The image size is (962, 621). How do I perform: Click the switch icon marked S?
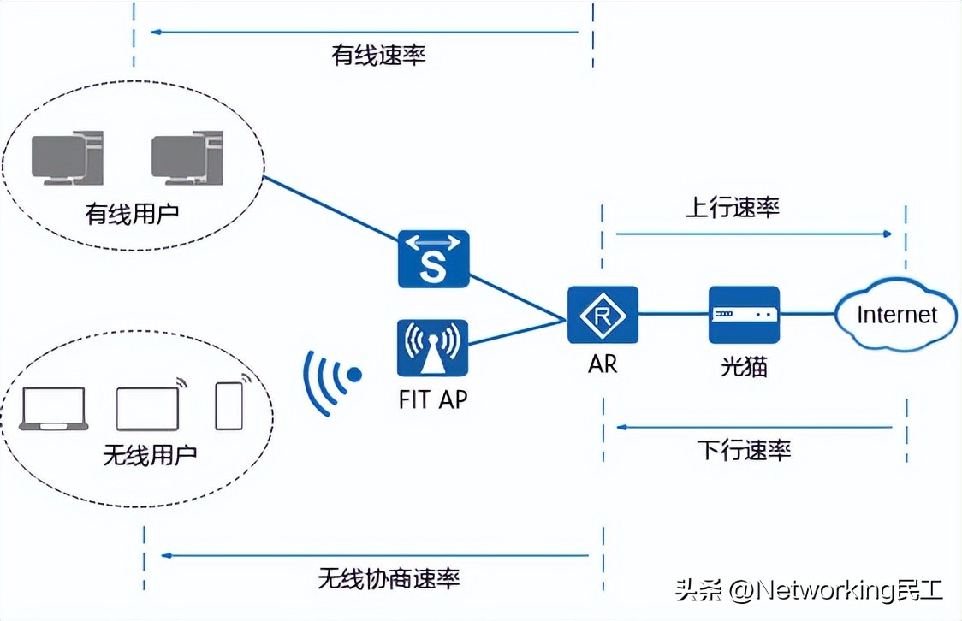(434, 258)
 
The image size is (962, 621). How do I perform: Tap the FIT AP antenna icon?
(433, 348)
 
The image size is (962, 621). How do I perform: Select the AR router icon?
(603, 316)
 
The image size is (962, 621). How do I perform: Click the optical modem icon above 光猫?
(744, 315)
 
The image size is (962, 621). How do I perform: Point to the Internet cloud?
(896, 315)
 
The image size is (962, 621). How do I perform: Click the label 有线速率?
(378, 56)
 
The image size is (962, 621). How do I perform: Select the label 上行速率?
(733, 208)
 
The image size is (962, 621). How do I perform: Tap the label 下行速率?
(744, 449)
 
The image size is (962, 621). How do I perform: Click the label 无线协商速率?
(389, 578)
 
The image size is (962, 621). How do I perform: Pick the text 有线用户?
(132, 213)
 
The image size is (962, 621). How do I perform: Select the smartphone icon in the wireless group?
(229, 405)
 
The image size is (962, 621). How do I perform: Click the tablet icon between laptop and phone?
(148, 408)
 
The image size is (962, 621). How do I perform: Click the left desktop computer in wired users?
(67, 158)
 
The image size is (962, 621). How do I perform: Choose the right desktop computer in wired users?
(186, 158)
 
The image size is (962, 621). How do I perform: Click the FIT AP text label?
(433, 399)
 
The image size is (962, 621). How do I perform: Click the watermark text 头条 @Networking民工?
(808, 590)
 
